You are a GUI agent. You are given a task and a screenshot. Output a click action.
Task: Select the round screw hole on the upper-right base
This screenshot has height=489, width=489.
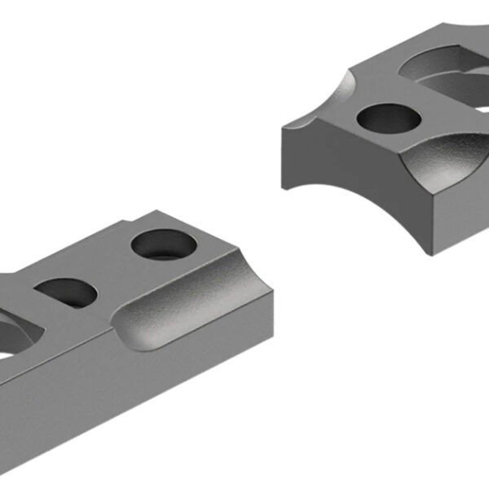coord(389,119)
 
